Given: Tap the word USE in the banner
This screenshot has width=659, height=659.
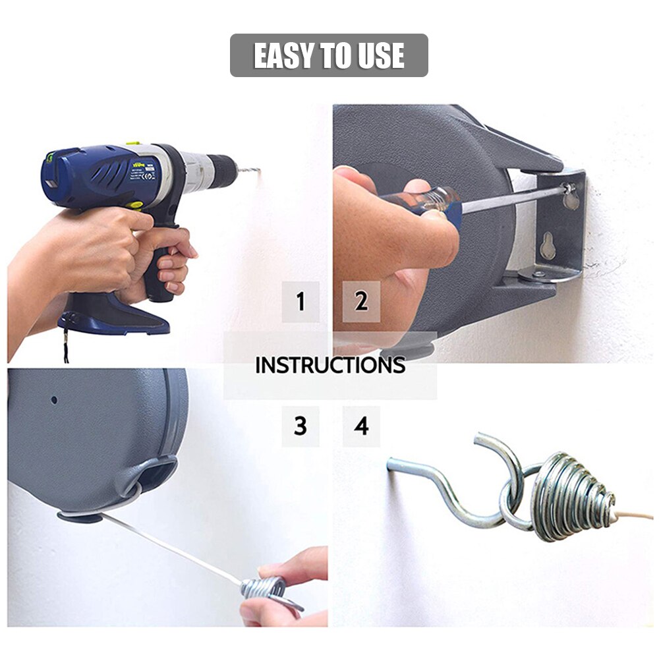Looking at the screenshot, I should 381,56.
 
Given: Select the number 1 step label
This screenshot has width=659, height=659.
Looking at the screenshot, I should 301,302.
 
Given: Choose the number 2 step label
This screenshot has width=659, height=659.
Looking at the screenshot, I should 361,301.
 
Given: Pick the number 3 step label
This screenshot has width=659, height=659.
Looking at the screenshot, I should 301,426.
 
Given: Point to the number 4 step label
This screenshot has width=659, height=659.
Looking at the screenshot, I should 361,426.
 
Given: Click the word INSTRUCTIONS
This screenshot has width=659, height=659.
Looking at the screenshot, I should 329,365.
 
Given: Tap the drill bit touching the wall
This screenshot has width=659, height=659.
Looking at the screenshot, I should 248,171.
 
